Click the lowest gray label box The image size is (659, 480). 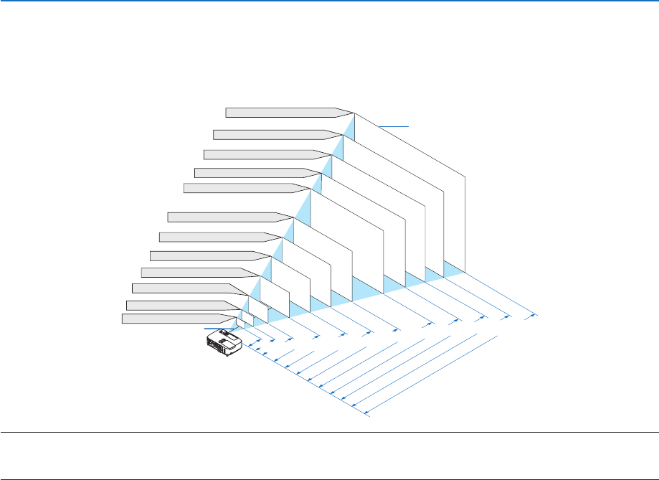(x=176, y=319)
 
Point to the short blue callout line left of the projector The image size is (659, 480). (x=214, y=328)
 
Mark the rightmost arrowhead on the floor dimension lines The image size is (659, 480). (x=534, y=314)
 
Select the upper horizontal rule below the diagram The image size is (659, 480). (x=329, y=433)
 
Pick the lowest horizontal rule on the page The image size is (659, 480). (x=329, y=479)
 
